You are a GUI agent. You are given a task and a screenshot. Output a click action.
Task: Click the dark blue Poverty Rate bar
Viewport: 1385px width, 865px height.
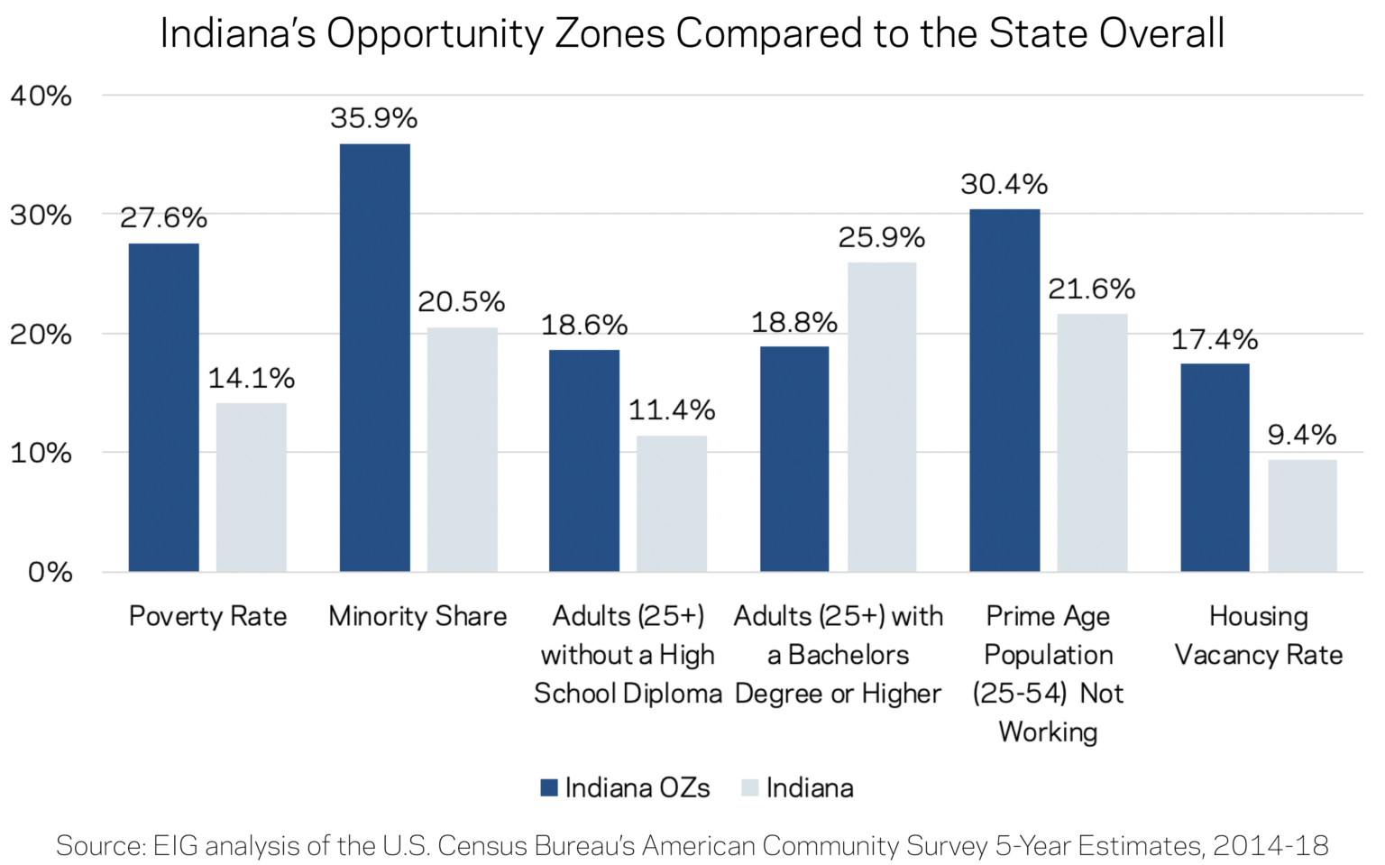click(163, 407)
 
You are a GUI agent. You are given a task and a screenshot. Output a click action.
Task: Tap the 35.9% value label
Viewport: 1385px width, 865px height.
click(373, 119)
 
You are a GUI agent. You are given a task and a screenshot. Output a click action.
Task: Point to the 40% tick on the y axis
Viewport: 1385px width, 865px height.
click(41, 96)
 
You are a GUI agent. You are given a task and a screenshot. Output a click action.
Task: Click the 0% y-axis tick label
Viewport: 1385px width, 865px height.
click(50, 572)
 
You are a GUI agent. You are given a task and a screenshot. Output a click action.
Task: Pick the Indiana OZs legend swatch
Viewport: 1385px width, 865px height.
click(549, 787)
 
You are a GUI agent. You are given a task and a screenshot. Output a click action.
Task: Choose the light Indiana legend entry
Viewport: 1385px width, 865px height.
click(798, 787)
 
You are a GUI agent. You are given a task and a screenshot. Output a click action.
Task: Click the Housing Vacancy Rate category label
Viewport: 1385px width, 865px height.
click(1258, 635)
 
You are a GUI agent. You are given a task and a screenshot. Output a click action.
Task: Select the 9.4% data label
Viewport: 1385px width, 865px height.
click(1301, 436)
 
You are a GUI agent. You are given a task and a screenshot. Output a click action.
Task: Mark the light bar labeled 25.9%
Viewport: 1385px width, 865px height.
click(881, 417)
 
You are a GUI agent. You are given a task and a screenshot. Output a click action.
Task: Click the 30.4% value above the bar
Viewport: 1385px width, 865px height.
click(1004, 185)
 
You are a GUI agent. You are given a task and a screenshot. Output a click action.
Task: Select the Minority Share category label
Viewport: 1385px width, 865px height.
click(417, 616)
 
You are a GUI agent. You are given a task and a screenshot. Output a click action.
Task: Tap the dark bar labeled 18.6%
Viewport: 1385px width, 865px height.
click(584, 460)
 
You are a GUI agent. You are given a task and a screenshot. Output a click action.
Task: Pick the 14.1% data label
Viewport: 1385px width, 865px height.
click(252, 379)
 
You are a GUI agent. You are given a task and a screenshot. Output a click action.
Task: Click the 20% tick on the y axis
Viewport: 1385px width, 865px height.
click(41, 335)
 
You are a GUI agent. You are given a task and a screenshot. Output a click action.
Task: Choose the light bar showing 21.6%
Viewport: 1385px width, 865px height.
click(1091, 442)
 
